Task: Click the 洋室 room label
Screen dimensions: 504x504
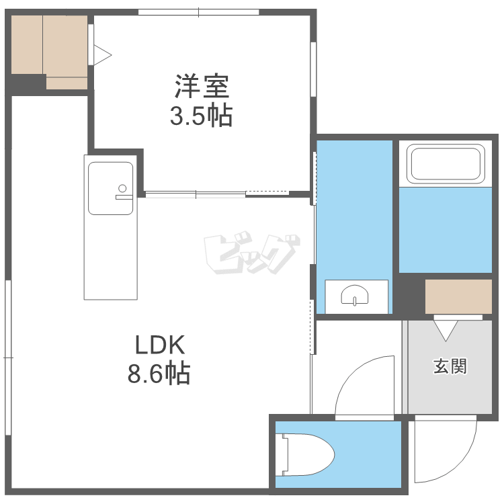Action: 202,86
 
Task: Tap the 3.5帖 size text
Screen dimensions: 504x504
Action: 201,116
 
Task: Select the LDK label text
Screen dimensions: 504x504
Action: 160,345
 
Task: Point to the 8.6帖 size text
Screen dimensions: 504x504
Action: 159,374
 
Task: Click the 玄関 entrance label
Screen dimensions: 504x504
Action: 450,366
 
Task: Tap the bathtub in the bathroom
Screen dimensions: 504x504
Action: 446,163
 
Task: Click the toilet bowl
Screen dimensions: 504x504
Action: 308,454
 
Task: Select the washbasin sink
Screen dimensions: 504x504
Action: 355,295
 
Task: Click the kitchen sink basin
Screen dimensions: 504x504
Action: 111,188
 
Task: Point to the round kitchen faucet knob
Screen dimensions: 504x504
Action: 122,188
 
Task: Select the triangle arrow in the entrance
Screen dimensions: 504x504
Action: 446,331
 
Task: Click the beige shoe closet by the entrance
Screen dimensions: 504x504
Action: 458,296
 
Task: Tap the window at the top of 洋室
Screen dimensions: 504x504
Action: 199,12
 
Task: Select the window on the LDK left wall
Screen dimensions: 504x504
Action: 8,358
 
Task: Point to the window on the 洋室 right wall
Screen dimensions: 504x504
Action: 313,69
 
